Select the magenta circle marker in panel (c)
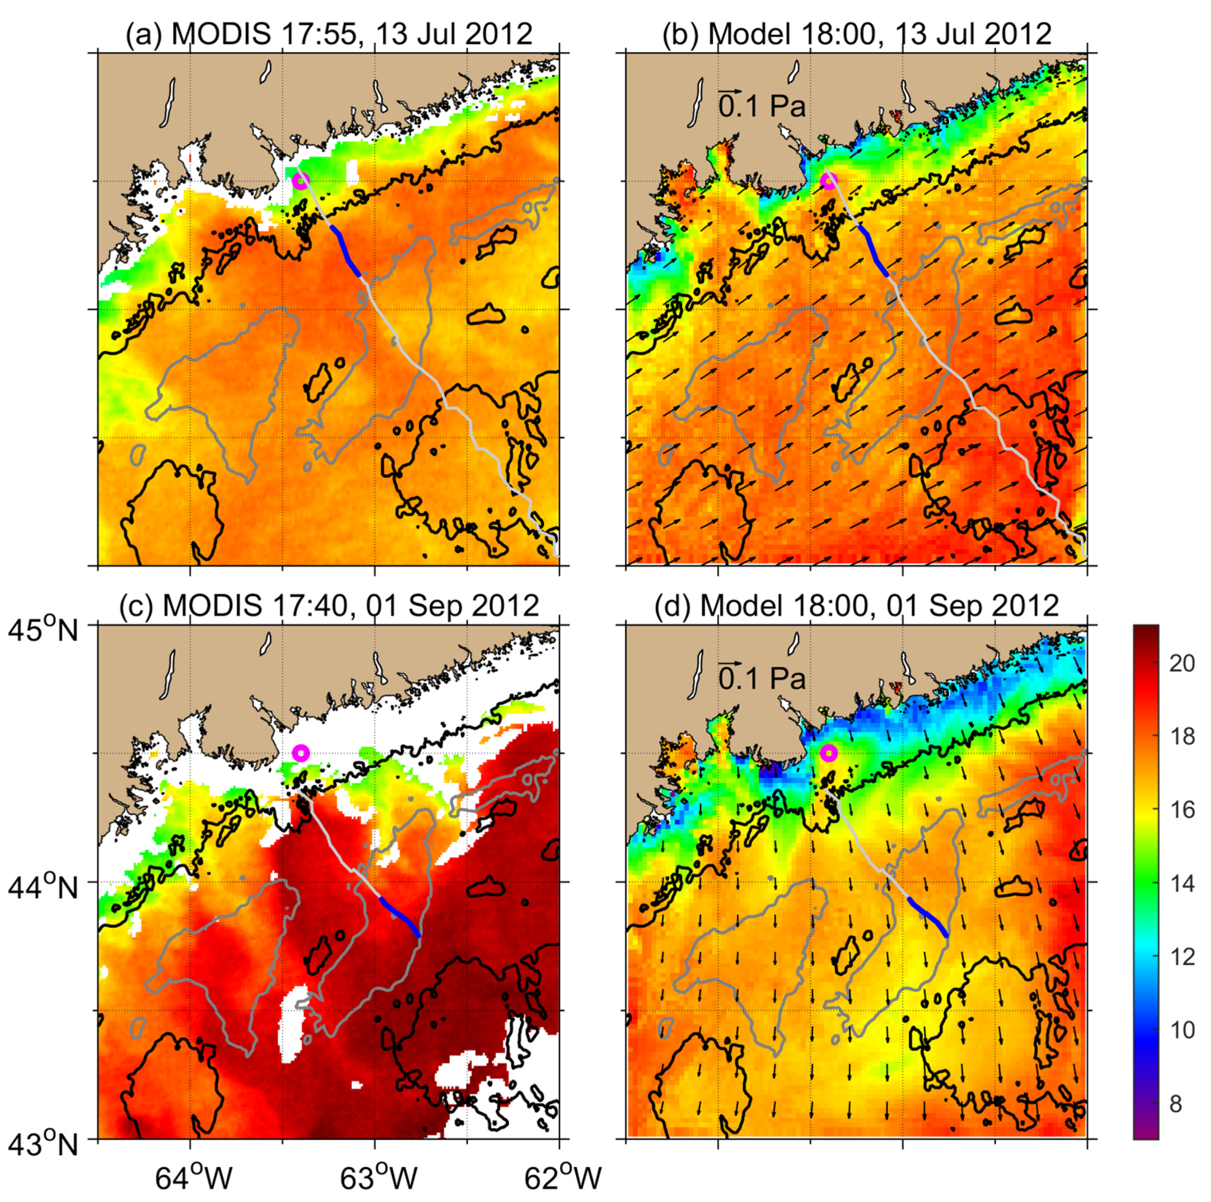(301, 753)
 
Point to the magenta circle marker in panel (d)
(829, 753)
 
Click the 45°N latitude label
(43, 631)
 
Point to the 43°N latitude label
(43, 1144)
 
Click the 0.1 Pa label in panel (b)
(761, 107)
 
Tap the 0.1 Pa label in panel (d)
(761, 678)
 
